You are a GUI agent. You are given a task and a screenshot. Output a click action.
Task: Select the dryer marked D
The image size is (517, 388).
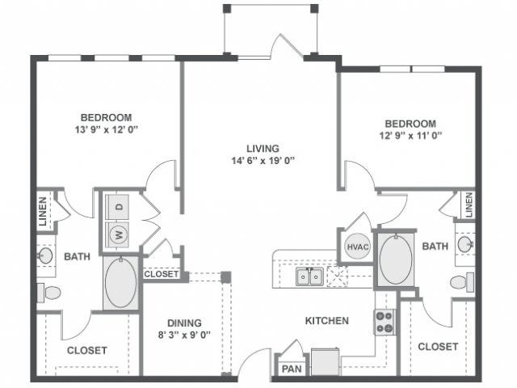pos(119,206)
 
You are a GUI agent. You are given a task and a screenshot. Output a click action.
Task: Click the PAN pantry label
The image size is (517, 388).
pos(290,369)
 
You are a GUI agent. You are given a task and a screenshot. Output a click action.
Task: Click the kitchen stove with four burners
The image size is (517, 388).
pos(385,322)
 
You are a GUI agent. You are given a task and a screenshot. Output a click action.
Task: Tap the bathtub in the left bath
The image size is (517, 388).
pos(120,283)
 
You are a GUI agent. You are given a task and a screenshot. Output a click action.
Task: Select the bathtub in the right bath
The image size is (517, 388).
pos(396,259)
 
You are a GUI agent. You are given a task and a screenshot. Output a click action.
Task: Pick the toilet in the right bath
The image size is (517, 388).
pos(462,282)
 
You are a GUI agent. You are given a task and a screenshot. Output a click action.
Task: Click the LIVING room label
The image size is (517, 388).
pos(263,149)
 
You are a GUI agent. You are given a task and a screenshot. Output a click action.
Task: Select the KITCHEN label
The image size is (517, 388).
pos(326,321)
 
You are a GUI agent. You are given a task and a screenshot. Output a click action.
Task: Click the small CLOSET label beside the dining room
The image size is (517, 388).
pos(162,274)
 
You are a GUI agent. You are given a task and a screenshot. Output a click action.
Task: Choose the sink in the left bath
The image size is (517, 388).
pos(45,256)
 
